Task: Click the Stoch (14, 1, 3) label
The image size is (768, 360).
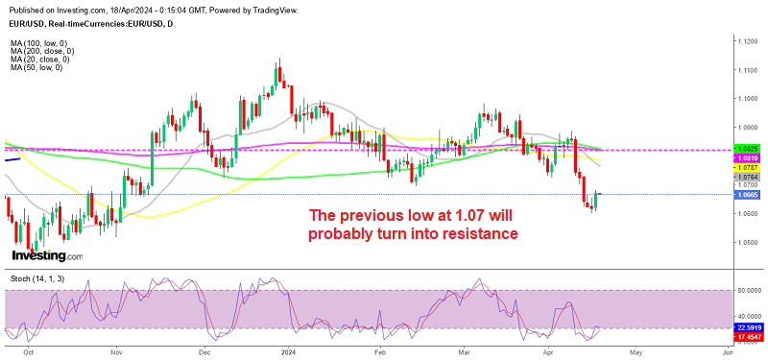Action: coord(37,278)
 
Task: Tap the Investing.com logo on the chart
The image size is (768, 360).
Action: coord(46,256)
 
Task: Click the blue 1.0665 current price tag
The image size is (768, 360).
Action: coord(748,195)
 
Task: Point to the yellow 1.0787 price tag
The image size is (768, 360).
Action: coord(748,166)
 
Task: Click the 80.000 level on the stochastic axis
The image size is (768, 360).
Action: coord(748,291)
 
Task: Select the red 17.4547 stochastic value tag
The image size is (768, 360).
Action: coord(748,338)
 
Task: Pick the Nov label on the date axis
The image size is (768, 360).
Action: coord(116,351)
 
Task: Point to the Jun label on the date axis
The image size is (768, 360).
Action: coord(727,351)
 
